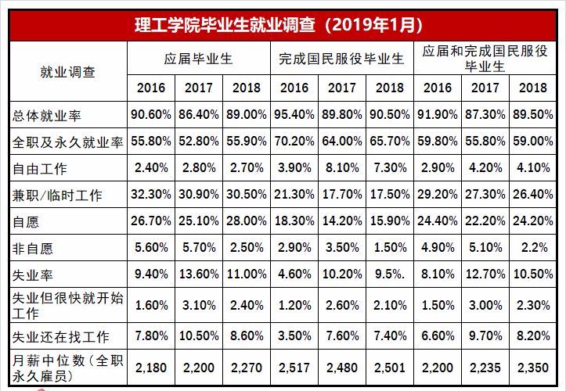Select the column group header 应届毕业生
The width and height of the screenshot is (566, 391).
[199, 59]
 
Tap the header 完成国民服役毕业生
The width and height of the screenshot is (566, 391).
[341, 59]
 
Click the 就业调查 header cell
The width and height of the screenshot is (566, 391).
[68, 71]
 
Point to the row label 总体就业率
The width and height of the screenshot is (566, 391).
[48, 115]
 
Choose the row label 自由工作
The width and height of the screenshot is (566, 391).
[41, 168]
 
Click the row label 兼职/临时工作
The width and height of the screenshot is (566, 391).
[57, 195]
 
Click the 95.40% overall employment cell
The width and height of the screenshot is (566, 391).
[294, 115]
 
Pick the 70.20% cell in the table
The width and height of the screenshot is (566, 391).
[294, 142]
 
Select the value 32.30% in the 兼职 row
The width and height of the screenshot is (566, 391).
[151, 195]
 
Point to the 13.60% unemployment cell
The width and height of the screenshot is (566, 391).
[199, 274]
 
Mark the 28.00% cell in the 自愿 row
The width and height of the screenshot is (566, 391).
[247, 221]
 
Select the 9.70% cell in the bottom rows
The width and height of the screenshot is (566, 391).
[485, 336]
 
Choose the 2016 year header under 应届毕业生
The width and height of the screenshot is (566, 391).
[151, 88]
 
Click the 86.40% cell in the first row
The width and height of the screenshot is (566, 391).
[199, 115]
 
